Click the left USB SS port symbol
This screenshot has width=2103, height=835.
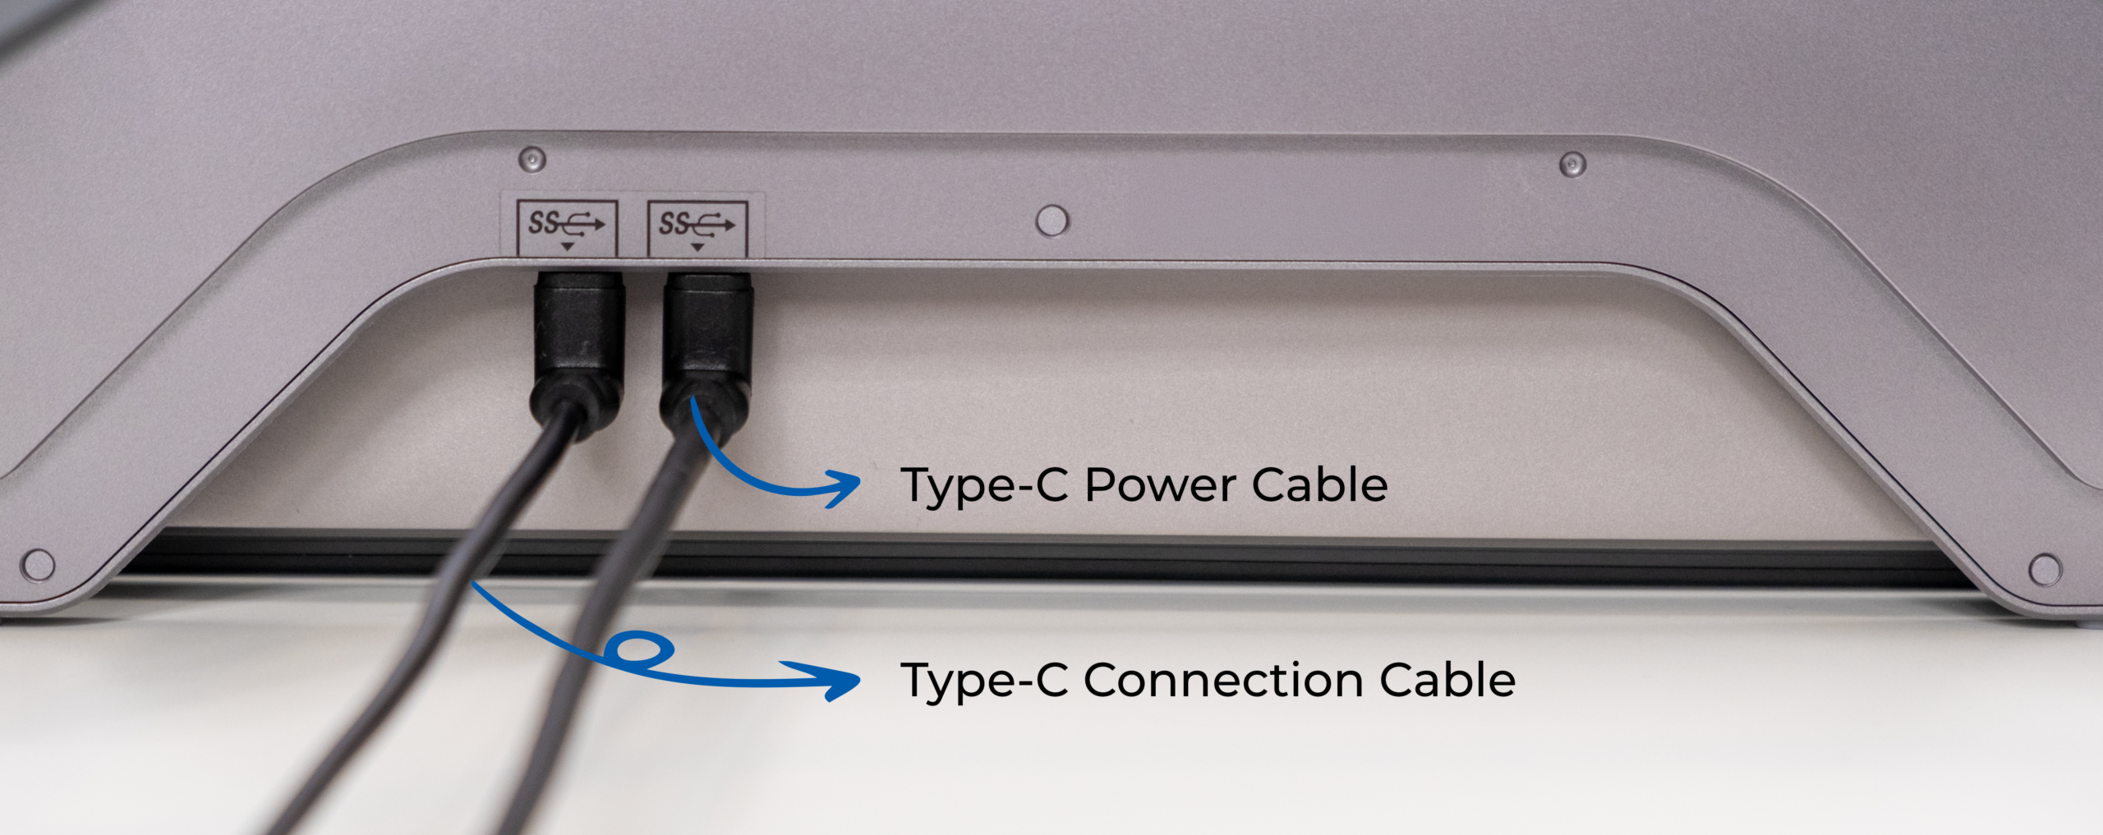(566, 223)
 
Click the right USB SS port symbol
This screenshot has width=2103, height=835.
(697, 223)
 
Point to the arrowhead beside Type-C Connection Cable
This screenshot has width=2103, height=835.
(846, 681)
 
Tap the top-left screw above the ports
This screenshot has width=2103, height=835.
(532, 158)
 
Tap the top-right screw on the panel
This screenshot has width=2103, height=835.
(1572, 163)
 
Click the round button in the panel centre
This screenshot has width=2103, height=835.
(1052, 221)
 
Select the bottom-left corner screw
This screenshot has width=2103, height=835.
(38, 565)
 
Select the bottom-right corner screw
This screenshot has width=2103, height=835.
(2045, 569)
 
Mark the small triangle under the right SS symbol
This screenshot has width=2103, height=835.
(697, 247)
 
